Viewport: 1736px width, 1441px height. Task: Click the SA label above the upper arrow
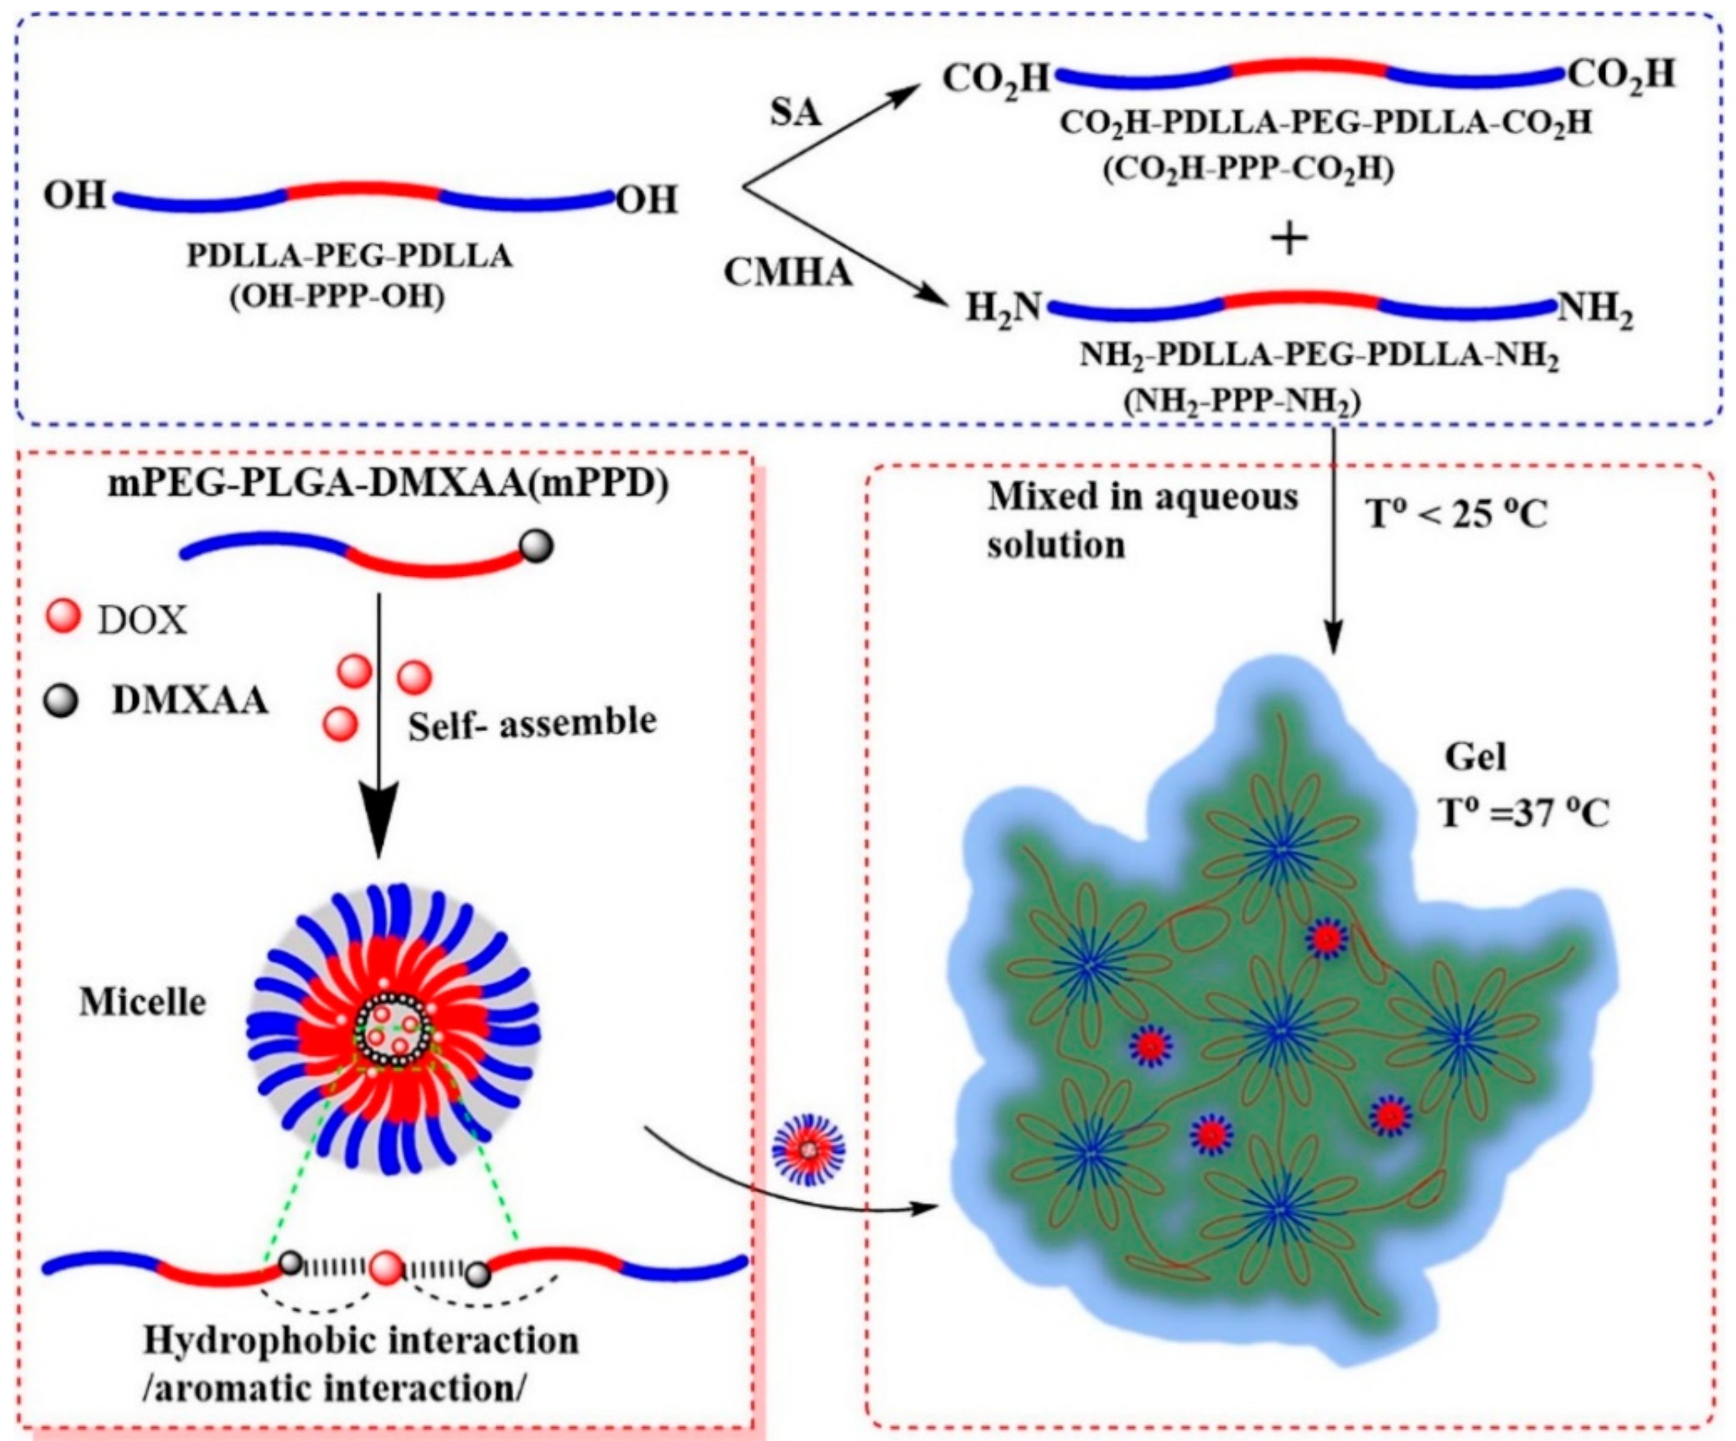tap(795, 111)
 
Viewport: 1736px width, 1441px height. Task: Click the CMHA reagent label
tap(787, 273)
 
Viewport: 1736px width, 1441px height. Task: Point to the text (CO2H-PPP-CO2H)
tap(1248, 170)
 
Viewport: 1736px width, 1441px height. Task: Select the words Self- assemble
tap(532, 723)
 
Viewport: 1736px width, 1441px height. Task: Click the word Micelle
tap(142, 1003)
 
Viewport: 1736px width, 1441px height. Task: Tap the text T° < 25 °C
tap(1457, 515)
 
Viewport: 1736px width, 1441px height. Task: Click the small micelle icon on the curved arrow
tap(808, 1149)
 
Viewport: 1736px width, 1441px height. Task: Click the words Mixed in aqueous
tap(1142, 496)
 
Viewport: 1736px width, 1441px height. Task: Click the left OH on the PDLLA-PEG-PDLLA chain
tap(74, 196)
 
